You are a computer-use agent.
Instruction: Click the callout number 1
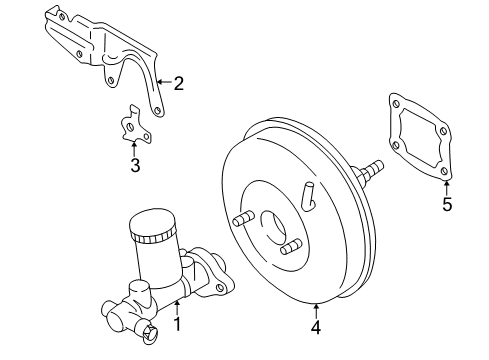(x=178, y=324)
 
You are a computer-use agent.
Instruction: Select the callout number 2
(x=179, y=83)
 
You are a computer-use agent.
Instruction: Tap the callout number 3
(x=135, y=165)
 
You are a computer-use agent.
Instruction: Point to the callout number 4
(x=316, y=327)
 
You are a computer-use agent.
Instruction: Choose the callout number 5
(x=447, y=204)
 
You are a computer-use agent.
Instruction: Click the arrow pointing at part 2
(x=164, y=82)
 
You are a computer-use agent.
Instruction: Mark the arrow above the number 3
(x=134, y=149)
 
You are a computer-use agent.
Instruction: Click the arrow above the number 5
(x=447, y=188)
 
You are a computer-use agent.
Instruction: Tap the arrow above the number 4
(x=316, y=311)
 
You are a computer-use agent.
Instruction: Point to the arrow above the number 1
(x=177, y=307)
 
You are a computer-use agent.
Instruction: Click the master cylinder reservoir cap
(x=152, y=225)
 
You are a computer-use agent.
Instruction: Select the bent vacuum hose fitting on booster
(x=308, y=196)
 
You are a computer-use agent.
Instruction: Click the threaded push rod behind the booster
(x=371, y=170)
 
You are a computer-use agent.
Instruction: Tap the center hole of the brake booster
(x=274, y=227)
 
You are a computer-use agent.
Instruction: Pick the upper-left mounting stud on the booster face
(x=243, y=218)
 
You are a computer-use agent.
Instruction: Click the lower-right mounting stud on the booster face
(x=291, y=247)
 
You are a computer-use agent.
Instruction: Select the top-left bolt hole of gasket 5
(x=396, y=104)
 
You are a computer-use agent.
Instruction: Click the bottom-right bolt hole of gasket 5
(x=444, y=171)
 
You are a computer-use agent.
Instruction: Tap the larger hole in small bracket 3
(x=130, y=127)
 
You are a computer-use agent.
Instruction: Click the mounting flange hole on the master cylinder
(x=220, y=288)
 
